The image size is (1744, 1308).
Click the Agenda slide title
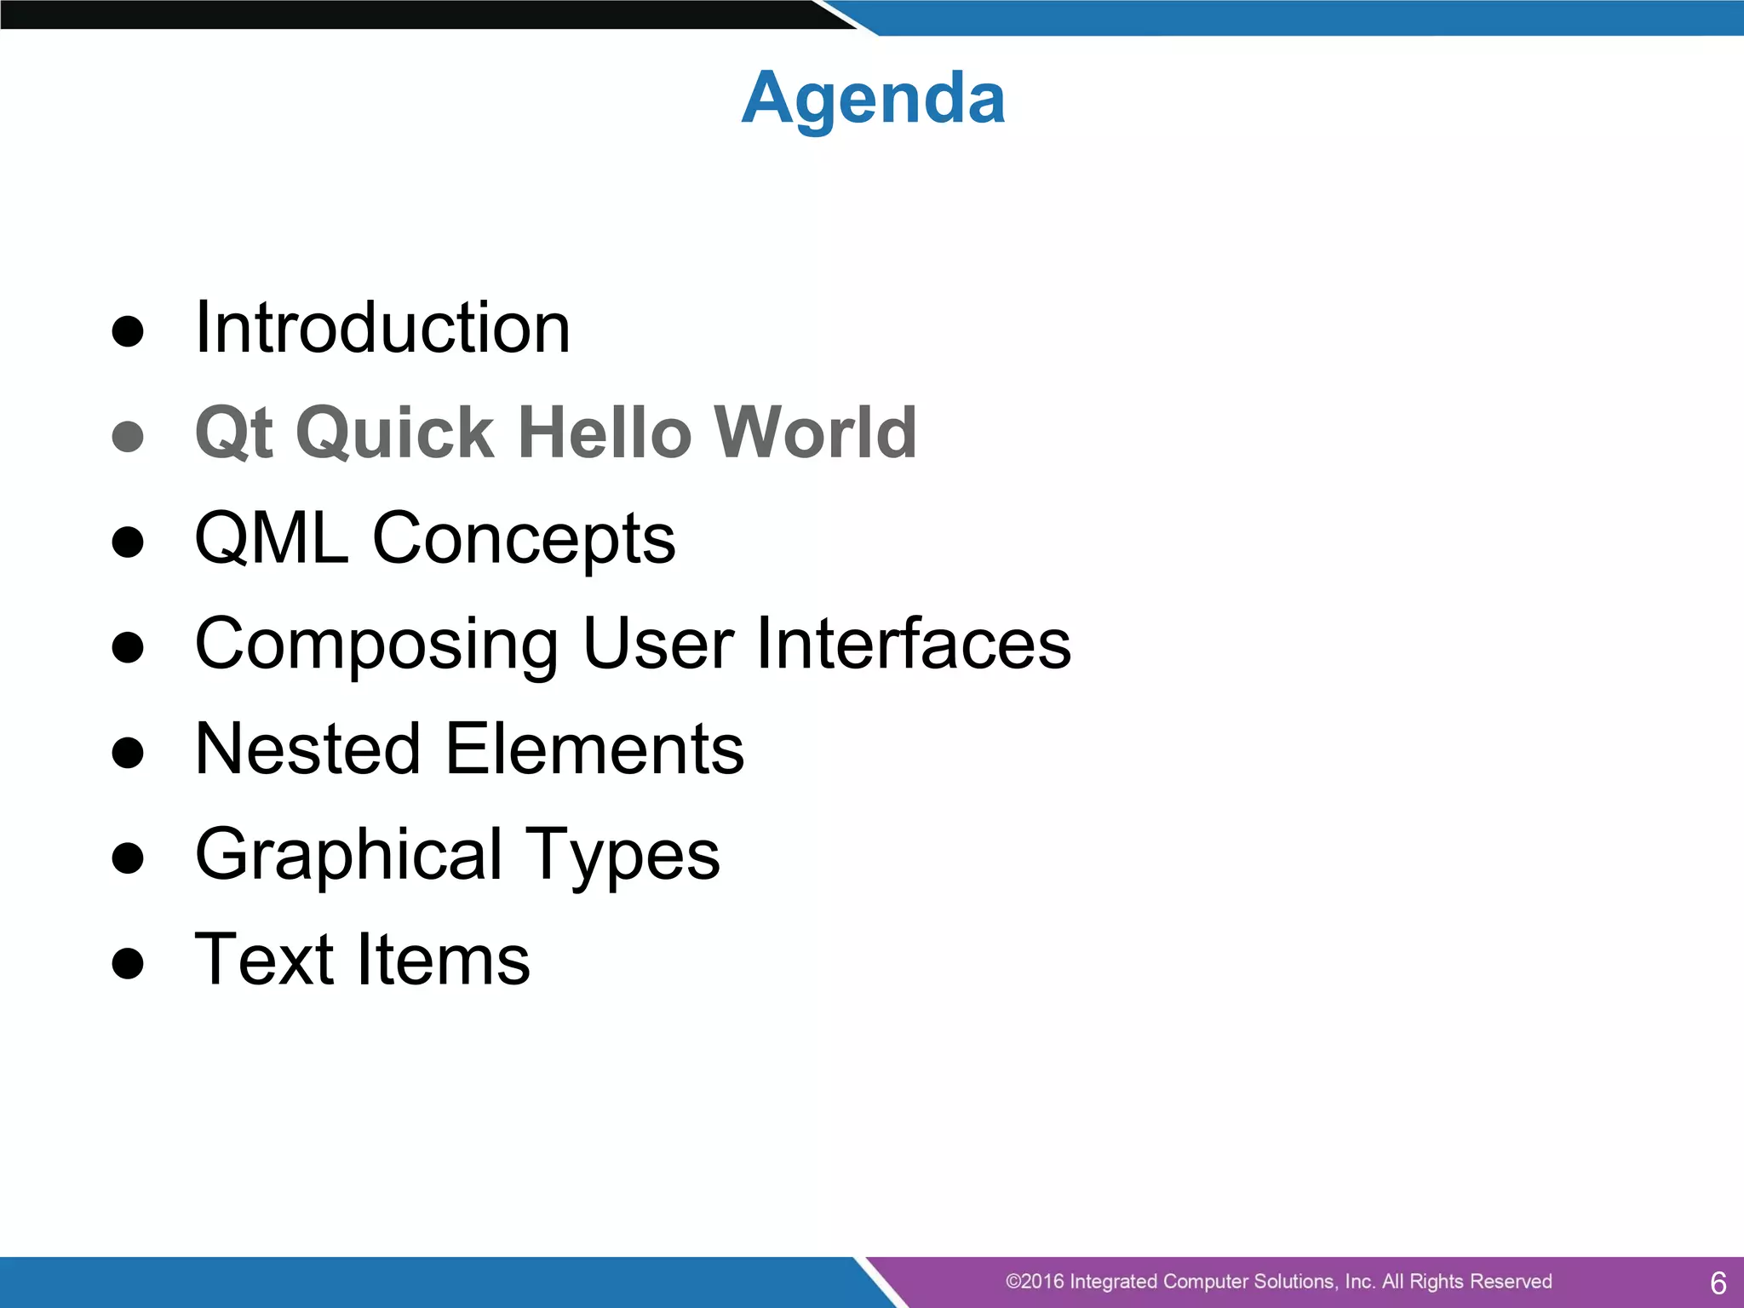coord(873,99)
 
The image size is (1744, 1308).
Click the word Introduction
coord(382,328)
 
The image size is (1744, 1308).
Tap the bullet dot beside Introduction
coord(128,332)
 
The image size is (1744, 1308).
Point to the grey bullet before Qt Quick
coord(128,437)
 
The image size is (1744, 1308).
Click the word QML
coord(272,538)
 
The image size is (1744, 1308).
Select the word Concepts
coord(524,540)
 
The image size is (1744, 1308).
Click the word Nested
coord(307,749)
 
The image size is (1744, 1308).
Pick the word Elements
coord(594,749)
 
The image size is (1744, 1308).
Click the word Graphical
coord(348,855)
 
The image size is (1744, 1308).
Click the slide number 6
coord(1718,1282)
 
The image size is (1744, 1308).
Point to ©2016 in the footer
coord(1034,1282)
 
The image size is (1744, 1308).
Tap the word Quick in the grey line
coord(394,433)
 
